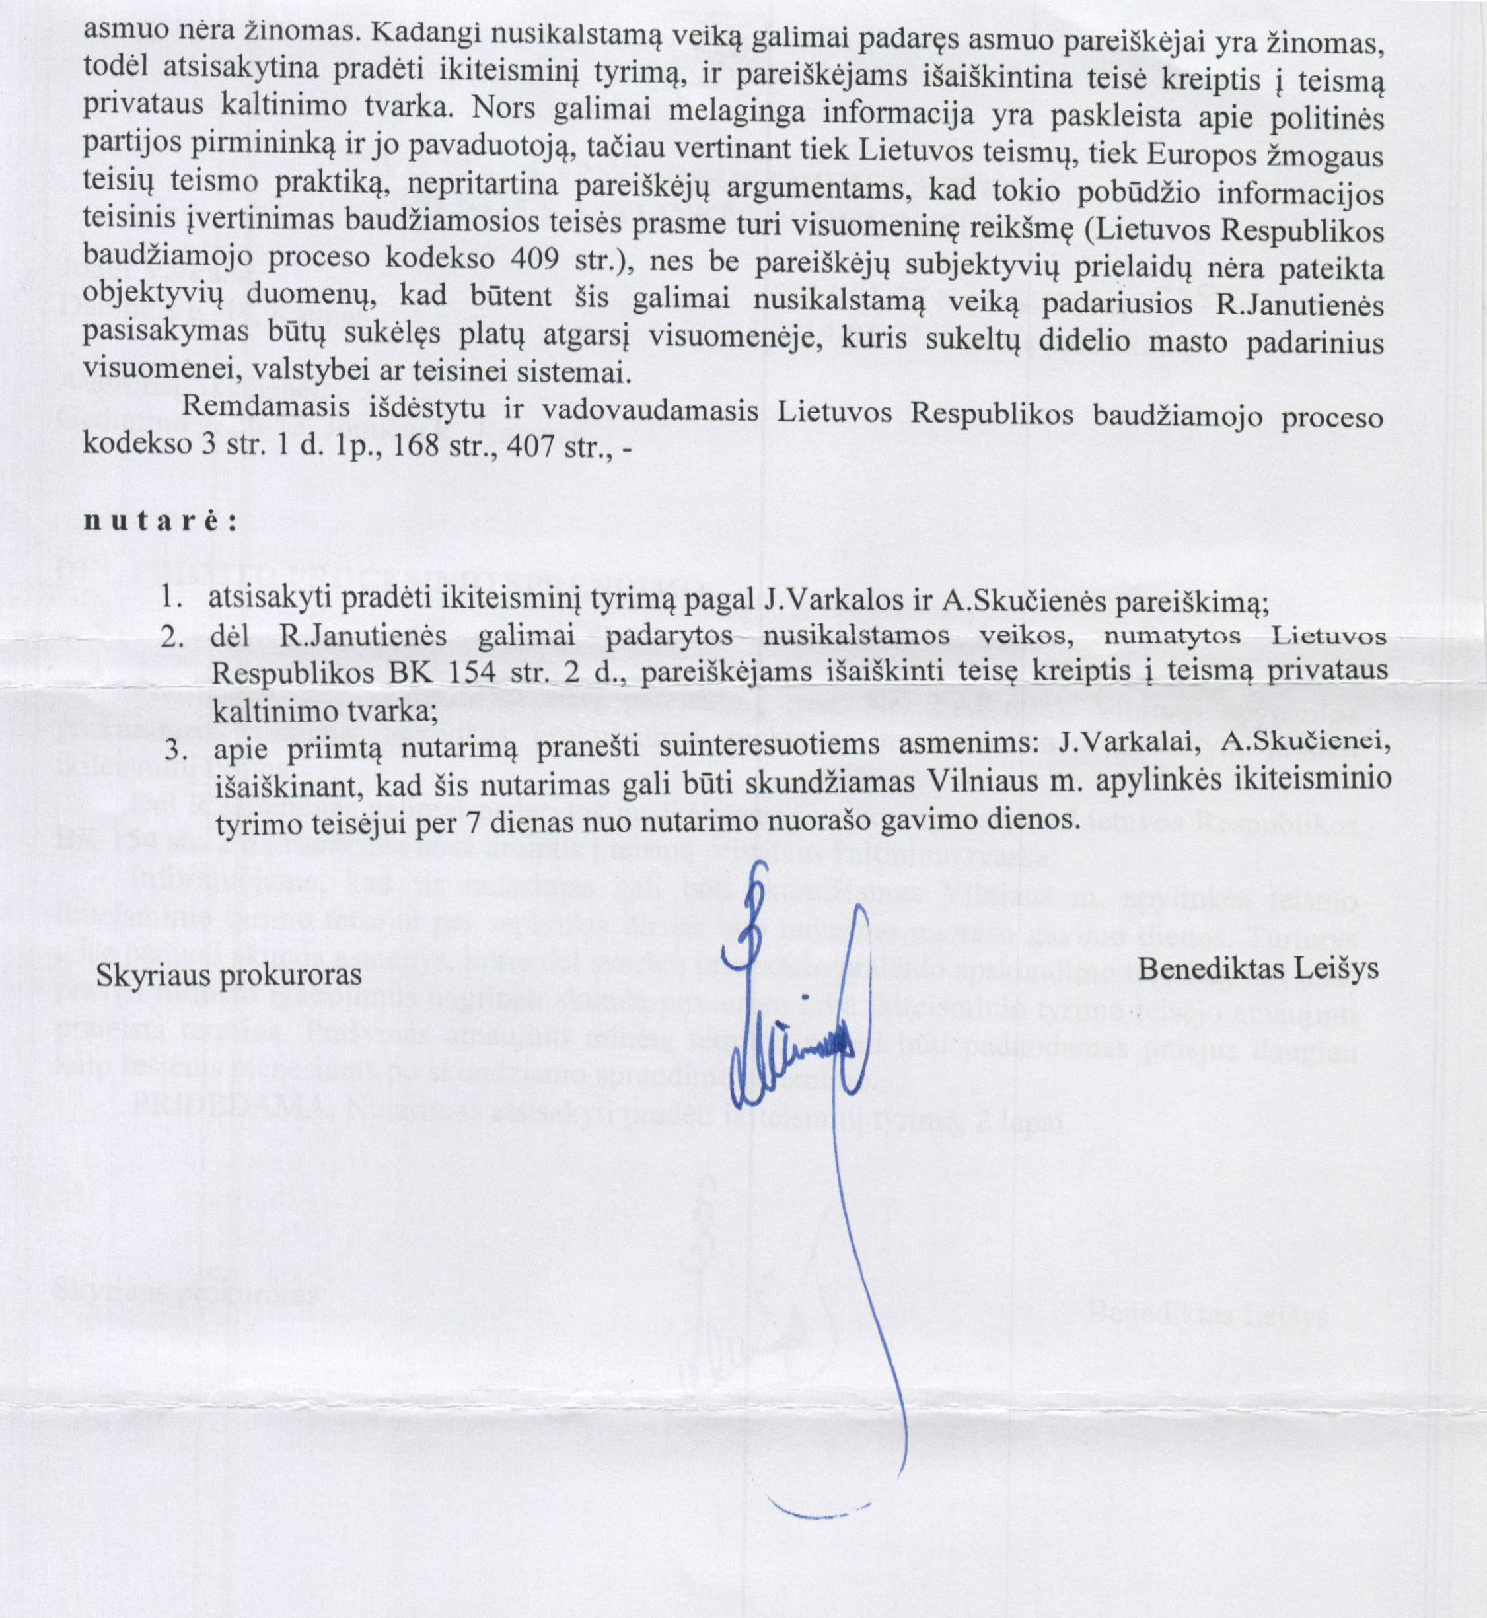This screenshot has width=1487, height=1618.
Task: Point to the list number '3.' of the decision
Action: pyautogui.click(x=176, y=750)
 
